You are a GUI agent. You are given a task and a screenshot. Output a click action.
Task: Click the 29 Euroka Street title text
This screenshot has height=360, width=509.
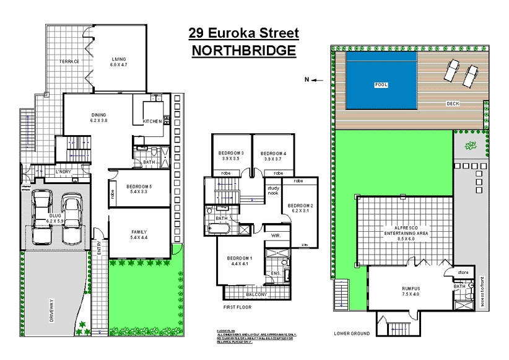coord(244,33)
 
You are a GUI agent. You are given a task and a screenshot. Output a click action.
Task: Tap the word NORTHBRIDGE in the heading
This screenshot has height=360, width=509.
coord(244,51)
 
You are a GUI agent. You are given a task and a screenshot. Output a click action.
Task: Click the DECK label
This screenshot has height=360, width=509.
coord(453,103)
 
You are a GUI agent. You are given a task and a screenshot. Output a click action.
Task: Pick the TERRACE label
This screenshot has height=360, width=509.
coord(69,61)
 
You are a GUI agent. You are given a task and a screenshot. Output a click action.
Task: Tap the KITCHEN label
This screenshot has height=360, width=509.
coord(152,121)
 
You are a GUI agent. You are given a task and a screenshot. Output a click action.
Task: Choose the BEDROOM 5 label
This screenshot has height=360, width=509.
coord(139,187)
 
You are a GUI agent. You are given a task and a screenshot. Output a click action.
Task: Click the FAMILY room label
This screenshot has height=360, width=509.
coord(139,232)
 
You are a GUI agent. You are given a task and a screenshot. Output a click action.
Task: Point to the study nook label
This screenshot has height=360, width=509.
coord(273,191)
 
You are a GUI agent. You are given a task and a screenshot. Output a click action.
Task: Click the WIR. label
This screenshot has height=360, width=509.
coord(276,235)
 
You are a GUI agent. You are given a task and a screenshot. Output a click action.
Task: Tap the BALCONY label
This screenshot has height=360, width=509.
coord(256,294)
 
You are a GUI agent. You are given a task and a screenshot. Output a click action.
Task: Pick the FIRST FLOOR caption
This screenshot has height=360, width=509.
coord(238,307)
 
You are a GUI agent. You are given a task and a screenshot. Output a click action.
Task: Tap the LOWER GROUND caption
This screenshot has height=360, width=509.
coord(352,333)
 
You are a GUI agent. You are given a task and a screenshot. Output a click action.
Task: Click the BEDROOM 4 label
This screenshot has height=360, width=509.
coord(272,154)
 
